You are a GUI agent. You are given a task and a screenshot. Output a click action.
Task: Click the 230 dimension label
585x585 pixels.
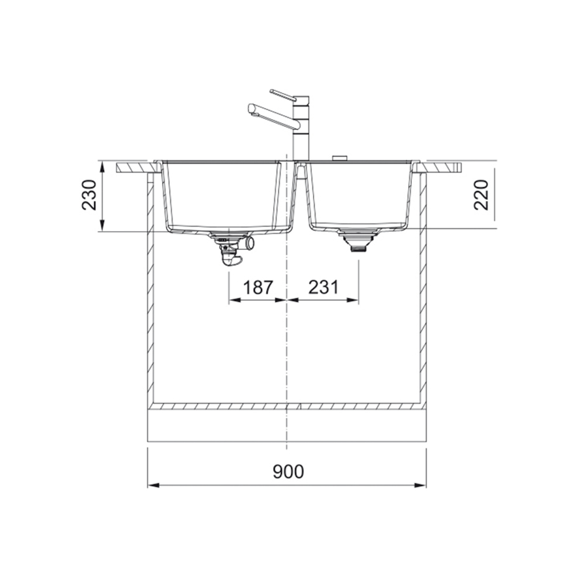pyautogui.click(x=89, y=195)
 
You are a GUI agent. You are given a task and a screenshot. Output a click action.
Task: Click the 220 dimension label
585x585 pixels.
pyautogui.click(x=482, y=195)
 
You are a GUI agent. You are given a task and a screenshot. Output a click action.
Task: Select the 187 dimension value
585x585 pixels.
pyautogui.click(x=258, y=287)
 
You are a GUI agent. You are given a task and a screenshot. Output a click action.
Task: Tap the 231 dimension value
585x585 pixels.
pyautogui.click(x=323, y=287)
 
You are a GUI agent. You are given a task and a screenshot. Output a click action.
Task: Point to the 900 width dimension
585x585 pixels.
pyautogui.click(x=287, y=471)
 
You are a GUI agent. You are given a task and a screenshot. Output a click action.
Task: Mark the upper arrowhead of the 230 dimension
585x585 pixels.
pyautogui.click(x=103, y=164)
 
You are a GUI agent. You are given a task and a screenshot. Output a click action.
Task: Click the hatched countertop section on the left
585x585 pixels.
pyautogui.click(x=135, y=168)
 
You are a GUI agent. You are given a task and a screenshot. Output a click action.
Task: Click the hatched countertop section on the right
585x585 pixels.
pyautogui.click(x=442, y=168)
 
